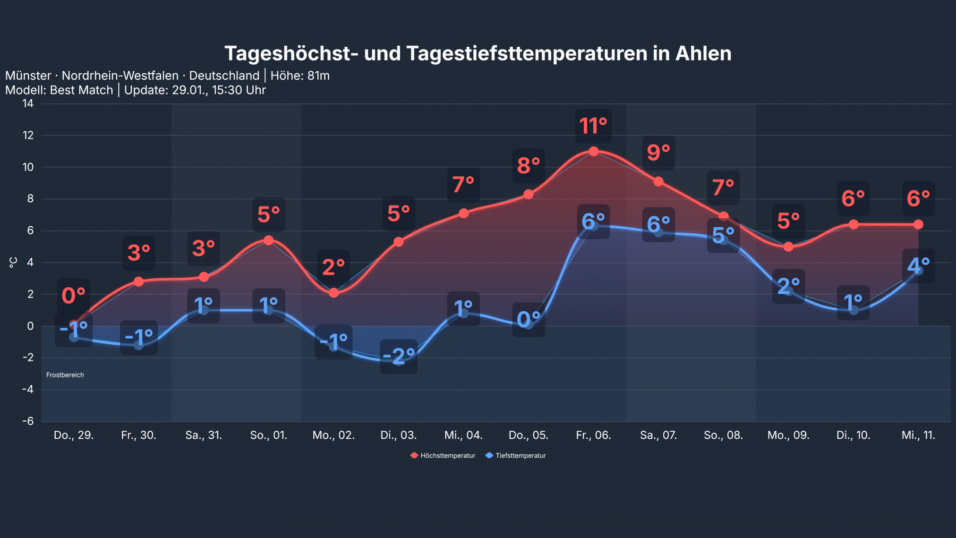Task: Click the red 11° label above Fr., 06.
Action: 593,126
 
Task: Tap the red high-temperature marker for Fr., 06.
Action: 594,151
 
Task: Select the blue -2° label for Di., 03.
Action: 399,357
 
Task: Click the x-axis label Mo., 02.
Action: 333,435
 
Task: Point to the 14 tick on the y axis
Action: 28,103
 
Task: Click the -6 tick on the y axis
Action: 28,421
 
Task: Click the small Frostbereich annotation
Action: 65,375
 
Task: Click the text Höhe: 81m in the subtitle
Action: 300,76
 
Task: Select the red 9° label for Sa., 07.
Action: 658,153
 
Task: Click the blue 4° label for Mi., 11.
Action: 918,266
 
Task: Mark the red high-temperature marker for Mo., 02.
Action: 333,293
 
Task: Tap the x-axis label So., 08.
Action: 723,435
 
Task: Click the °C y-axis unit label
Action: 13,262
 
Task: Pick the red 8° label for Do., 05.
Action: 529,166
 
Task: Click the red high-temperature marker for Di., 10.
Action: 854,224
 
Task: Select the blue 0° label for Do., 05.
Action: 529,320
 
